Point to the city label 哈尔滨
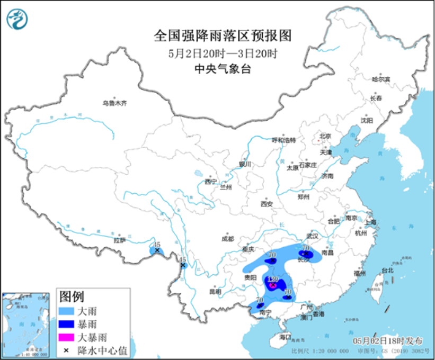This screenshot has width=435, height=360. [380, 79]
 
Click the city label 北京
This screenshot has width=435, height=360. [325, 136]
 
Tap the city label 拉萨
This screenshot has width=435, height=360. [119, 240]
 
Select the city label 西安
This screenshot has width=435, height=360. [266, 203]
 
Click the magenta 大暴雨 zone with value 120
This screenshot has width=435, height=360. [273, 284]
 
